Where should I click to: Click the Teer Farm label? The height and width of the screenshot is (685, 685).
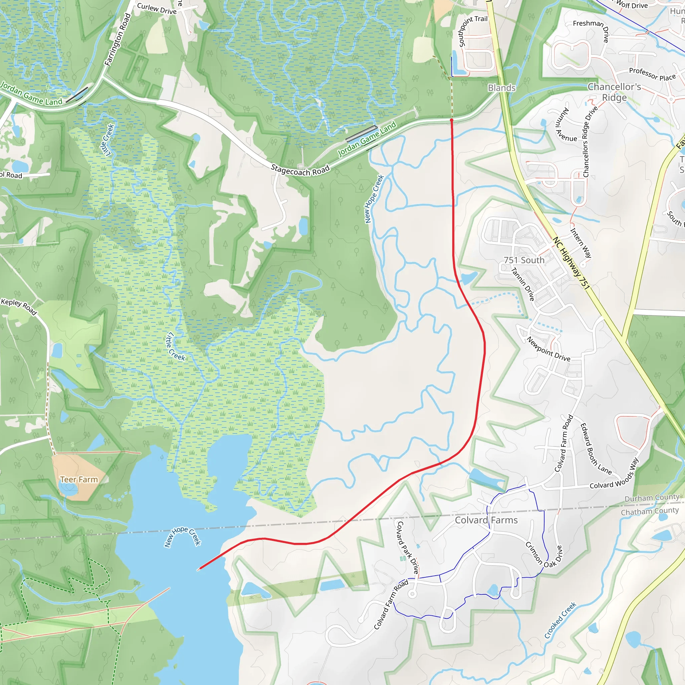(79, 479)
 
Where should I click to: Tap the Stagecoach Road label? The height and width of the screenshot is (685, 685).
(300, 170)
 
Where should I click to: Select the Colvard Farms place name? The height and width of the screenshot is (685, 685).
(486, 520)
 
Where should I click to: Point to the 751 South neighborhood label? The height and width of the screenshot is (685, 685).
(524, 260)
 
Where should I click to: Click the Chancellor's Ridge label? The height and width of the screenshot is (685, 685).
(614, 92)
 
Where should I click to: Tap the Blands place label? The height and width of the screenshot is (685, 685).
(501, 88)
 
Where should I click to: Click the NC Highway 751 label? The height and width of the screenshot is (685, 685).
(571, 263)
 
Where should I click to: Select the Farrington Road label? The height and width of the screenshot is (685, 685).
(118, 40)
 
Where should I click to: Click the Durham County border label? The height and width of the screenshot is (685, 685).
(652, 498)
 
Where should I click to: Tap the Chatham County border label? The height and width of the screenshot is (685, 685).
(650, 511)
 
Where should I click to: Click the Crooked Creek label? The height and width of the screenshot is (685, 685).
(560, 620)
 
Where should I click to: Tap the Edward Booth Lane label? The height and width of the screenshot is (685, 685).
(596, 449)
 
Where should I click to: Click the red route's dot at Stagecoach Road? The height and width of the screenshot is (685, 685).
(451, 120)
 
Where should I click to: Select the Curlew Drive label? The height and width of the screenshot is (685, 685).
(157, 9)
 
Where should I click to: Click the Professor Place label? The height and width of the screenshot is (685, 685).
(652, 74)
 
